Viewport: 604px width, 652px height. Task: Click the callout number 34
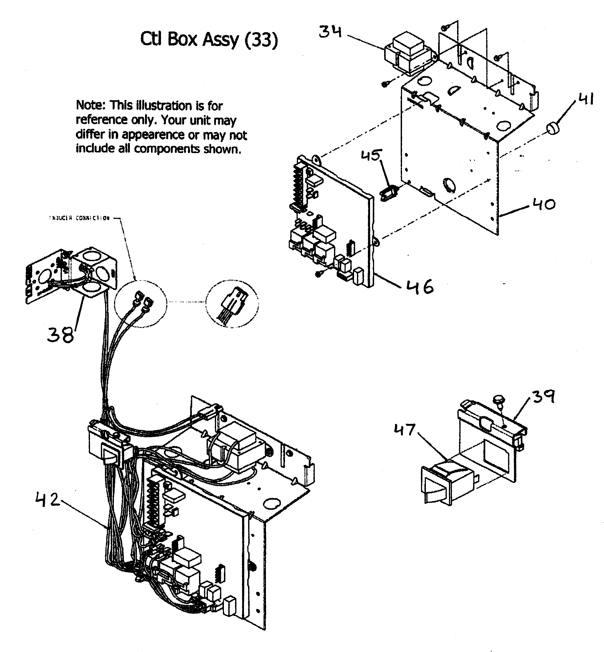coord(330,32)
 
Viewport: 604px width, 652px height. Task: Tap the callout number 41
coord(586,99)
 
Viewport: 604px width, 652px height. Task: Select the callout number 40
coord(544,205)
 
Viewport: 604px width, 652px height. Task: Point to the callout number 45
coord(371,155)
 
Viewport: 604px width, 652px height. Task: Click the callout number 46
coord(420,287)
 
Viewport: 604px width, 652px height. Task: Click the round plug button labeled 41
coord(553,127)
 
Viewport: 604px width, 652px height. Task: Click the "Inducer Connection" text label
coord(79,218)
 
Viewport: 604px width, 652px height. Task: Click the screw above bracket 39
coord(499,401)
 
